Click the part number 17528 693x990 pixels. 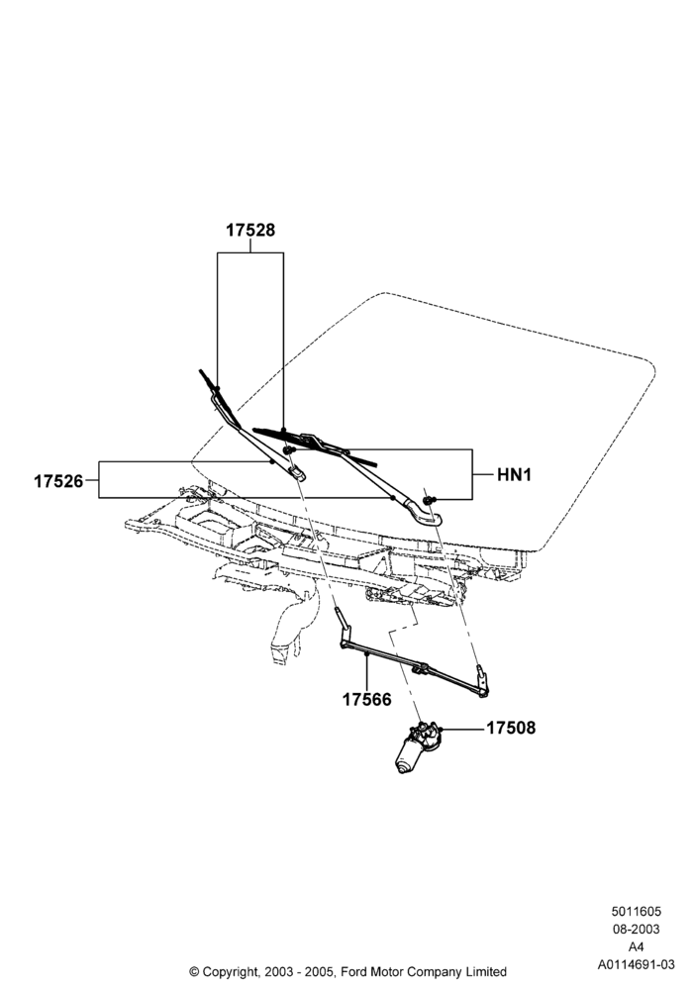point(250,231)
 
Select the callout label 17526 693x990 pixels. point(58,481)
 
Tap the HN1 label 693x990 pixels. point(515,474)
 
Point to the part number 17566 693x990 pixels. point(366,700)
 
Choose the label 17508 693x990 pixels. point(511,728)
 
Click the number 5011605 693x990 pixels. point(637,912)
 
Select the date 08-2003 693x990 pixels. point(637,930)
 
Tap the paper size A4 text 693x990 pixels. point(637,947)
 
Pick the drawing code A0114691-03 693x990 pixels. point(637,964)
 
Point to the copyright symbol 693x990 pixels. point(194,972)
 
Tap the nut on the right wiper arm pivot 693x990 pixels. point(429,501)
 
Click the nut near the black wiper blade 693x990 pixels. point(289,450)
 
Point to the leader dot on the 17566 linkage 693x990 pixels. point(366,656)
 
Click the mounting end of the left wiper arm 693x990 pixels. point(298,472)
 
